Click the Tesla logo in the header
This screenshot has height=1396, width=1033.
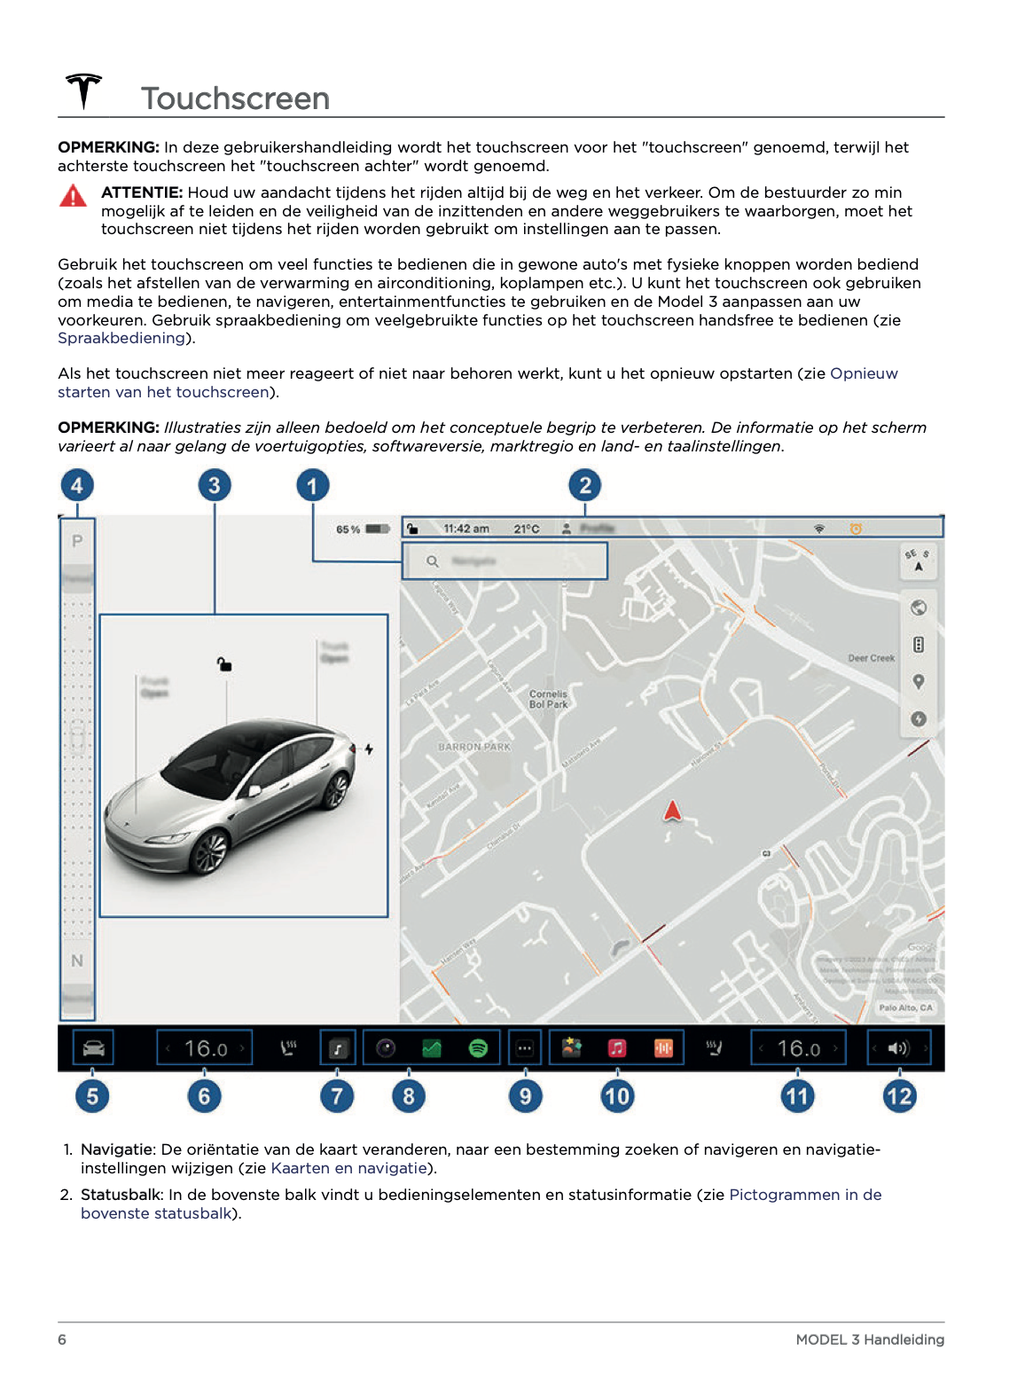coord(84,91)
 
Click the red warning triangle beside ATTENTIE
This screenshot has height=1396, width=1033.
coord(73,196)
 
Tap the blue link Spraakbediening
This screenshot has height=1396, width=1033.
coord(121,338)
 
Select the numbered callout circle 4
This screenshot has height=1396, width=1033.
coord(77,485)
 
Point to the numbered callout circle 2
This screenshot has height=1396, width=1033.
coord(584,485)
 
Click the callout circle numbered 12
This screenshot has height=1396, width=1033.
coord(899,1096)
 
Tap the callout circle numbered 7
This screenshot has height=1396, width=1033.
coord(337,1096)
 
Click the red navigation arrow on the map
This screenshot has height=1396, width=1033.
coord(673,811)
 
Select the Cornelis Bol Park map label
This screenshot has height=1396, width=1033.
coord(548,700)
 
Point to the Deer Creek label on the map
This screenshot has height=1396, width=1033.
coord(871,658)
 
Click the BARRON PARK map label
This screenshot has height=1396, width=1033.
coord(474,747)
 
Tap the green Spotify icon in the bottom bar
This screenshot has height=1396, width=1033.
coord(478,1048)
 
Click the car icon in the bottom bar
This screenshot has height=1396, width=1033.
coord(93,1048)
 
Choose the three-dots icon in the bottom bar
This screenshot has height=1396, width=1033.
coord(525,1048)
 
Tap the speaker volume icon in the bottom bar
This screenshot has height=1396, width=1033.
coord(898,1048)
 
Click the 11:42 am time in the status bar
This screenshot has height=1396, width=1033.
coord(466,529)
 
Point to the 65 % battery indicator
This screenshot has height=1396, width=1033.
coord(363,529)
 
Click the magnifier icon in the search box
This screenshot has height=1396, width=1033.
coord(433,561)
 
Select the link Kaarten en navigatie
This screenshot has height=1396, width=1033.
coord(349,1168)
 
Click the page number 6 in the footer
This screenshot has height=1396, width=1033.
coord(62,1339)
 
